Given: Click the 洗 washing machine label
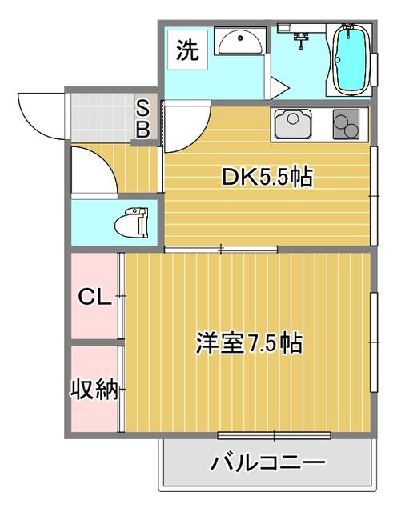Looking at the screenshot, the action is (x=187, y=50).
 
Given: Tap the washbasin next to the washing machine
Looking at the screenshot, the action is (x=240, y=42).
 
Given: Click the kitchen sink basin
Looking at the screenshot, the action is (x=293, y=124).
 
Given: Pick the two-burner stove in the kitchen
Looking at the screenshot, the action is (x=346, y=124).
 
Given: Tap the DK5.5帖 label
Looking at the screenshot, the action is (x=267, y=177).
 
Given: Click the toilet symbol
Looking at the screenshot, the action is (x=131, y=222).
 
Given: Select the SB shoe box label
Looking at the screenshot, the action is (x=142, y=119).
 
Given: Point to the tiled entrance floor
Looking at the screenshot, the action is (x=102, y=118).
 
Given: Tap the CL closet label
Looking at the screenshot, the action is (x=94, y=297).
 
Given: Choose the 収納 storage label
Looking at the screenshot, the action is (x=94, y=389).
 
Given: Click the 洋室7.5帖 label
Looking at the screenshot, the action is (x=249, y=342).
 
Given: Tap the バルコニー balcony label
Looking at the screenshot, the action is (x=267, y=462).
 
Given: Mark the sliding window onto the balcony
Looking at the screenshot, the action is (x=275, y=435).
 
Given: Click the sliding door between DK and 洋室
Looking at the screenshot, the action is (x=221, y=250).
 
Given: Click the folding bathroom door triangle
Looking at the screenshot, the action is (x=279, y=87).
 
